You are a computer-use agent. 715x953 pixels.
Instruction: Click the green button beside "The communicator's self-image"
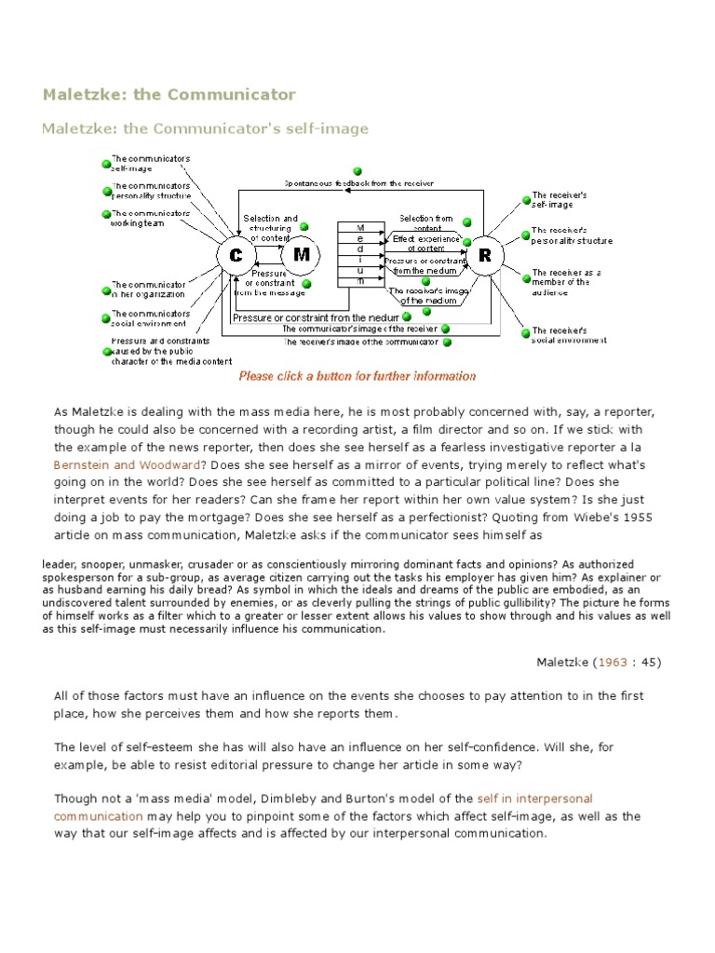107,165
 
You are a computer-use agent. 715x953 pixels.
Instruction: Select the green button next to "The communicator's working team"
107,215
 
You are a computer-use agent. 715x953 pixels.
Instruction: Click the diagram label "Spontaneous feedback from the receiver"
359,184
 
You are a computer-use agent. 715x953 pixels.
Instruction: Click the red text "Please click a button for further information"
357,377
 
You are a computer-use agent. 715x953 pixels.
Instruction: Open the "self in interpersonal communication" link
534,799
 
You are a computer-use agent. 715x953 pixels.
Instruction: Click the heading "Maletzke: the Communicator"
169,94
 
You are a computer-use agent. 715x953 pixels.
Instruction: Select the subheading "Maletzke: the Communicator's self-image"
205,128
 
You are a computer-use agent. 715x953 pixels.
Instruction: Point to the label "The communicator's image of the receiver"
357,329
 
